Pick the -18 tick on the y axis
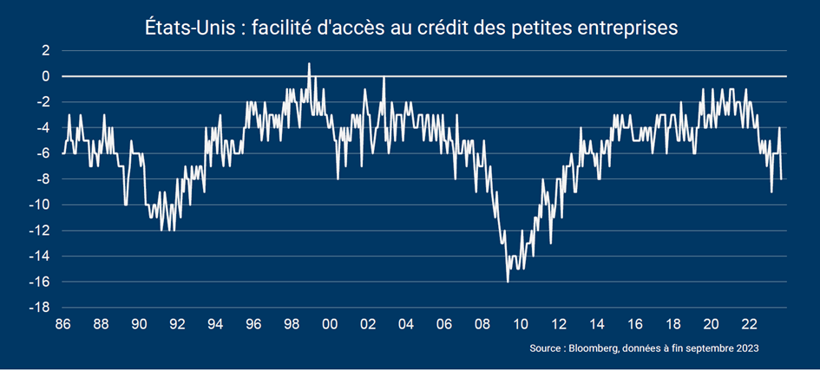click(x=41, y=308)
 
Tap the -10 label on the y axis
click(x=41, y=205)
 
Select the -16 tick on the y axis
click(x=41, y=282)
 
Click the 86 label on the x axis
click(x=62, y=324)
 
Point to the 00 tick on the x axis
click(x=330, y=324)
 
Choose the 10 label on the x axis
click(x=521, y=324)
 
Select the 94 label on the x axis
click(x=215, y=324)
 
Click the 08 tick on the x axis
click(x=482, y=324)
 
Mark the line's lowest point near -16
click(x=508, y=282)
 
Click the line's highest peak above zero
click(x=309, y=63)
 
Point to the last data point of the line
click(x=782, y=179)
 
